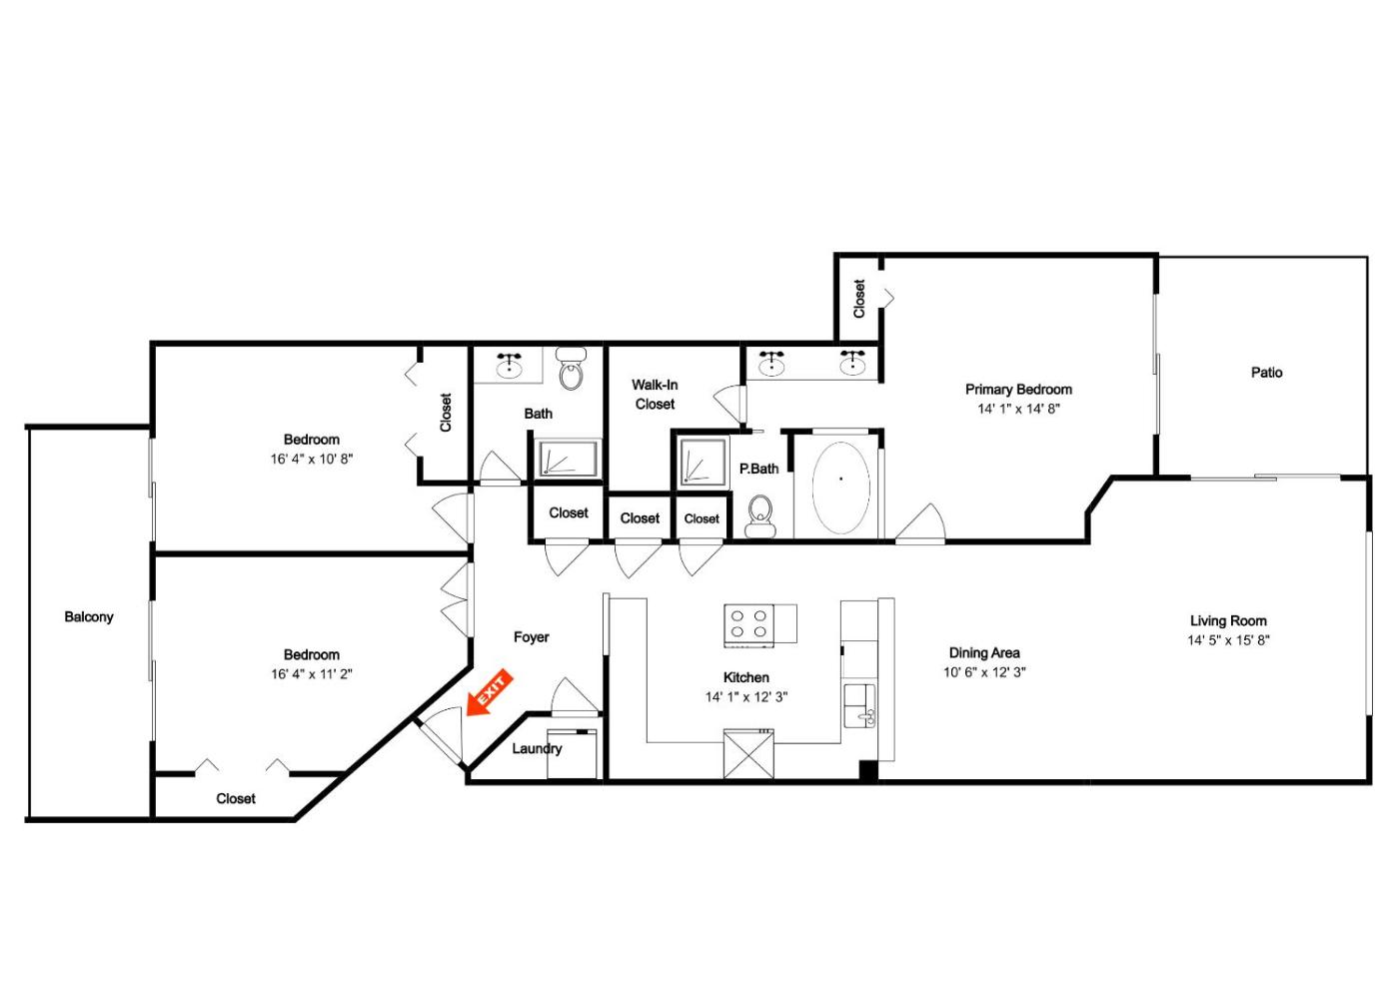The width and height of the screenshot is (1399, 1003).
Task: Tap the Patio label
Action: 1267,373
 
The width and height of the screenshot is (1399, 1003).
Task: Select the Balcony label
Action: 89,617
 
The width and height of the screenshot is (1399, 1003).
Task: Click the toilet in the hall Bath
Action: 571,369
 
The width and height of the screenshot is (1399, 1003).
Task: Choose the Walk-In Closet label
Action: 655,395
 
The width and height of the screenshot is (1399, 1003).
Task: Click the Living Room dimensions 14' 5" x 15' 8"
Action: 1228,640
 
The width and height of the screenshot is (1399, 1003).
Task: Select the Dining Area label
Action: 984,653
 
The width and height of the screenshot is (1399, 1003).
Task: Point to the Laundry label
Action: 537,748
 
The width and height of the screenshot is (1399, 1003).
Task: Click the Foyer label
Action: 531,637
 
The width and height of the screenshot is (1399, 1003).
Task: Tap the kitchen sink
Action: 860,705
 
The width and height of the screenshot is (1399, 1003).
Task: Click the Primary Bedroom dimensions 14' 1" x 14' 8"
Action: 1018,409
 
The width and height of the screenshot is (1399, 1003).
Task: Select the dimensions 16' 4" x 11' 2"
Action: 311,674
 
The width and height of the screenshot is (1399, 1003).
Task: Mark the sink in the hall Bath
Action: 511,364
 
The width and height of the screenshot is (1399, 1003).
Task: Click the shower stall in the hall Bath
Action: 568,459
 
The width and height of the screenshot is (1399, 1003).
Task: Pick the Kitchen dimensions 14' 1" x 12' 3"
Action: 745,697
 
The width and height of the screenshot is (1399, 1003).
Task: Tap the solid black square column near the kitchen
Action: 868,770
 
